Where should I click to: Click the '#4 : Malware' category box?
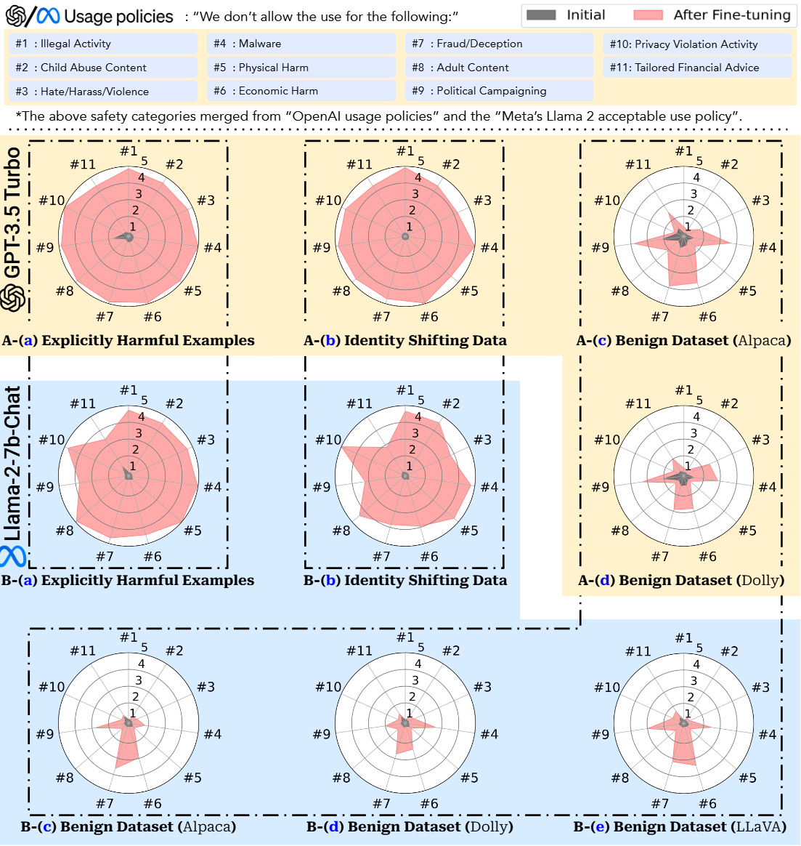[x=301, y=44]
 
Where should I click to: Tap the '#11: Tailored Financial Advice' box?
[x=696, y=68]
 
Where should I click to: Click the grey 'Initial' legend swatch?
[x=541, y=15]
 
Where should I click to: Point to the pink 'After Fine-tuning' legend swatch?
[x=648, y=15]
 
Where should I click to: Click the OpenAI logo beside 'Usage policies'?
[x=15, y=16]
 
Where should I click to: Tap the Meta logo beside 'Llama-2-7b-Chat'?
[x=13, y=556]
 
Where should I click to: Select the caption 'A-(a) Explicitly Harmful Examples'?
[x=129, y=341]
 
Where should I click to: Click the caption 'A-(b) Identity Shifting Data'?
[x=405, y=341]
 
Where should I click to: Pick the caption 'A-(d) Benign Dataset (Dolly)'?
[x=681, y=581]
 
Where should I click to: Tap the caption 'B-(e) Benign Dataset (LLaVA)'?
[x=680, y=827]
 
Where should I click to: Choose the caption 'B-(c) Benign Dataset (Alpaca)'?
[x=129, y=827]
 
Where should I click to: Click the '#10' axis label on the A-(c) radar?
[x=607, y=201]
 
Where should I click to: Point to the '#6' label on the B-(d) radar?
[x=429, y=804]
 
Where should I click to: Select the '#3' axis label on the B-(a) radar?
[x=206, y=440]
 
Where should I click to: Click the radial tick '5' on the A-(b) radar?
[x=421, y=161]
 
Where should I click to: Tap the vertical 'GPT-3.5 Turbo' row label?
[x=13, y=212]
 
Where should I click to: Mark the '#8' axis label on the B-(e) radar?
[x=620, y=778]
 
